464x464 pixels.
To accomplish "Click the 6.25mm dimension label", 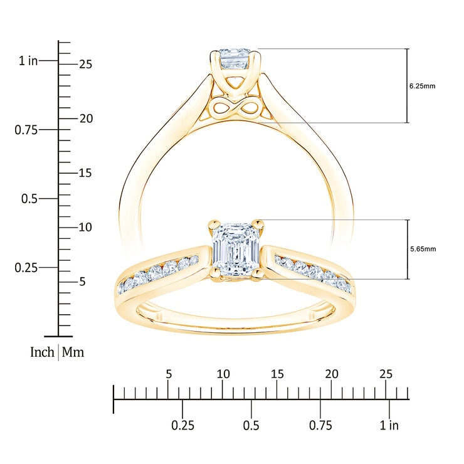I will tap(422, 86).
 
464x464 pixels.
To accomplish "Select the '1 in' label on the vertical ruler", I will tap(28, 61).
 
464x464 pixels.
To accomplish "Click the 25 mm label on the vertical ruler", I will tap(85, 65).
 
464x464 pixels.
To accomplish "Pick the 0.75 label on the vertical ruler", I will tap(26, 130).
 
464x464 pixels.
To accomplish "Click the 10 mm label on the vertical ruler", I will tap(85, 227).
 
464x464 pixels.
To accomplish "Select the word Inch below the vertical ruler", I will tap(42, 352).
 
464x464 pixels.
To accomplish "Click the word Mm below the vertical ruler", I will tap(73, 352).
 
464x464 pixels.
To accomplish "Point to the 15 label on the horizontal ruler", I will tap(277, 374).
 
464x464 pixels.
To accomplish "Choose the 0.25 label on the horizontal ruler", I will tap(182, 426).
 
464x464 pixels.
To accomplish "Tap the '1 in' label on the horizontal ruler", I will tap(389, 426).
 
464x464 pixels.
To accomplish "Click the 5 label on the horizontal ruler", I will tap(168, 374).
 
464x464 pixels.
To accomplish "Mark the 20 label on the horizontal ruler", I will tap(332, 374).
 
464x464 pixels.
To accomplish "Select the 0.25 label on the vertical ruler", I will tap(26, 268).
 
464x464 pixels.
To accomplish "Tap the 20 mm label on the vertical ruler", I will tap(85, 119).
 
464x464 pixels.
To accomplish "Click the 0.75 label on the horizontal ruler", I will tap(320, 426).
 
